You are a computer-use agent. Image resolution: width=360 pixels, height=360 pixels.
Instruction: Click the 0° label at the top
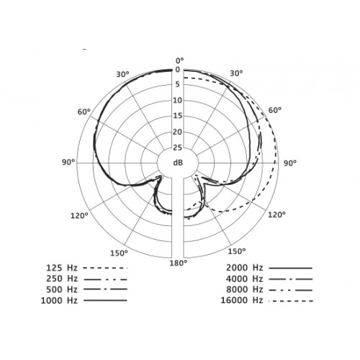[x=180, y=60]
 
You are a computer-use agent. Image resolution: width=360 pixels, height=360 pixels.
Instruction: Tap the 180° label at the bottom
[x=179, y=263]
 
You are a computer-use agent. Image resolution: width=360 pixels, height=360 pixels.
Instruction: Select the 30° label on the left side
[x=122, y=74]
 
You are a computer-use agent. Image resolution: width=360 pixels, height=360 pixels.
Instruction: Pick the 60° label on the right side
[x=275, y=110]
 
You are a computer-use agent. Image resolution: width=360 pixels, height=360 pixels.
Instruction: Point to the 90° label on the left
[x=68, y=162]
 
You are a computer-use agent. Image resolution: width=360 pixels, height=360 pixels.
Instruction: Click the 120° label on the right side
[x=276, y=215]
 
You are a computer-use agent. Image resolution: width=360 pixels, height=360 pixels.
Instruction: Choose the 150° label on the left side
[x=119, y=253]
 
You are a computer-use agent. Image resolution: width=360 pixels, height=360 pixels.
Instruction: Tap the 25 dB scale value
[x=178, y=148]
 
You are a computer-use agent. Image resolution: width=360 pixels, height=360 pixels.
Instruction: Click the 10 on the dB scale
[x=178, y=100]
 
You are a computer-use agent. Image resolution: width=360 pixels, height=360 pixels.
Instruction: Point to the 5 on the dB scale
[x=178, y=84]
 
